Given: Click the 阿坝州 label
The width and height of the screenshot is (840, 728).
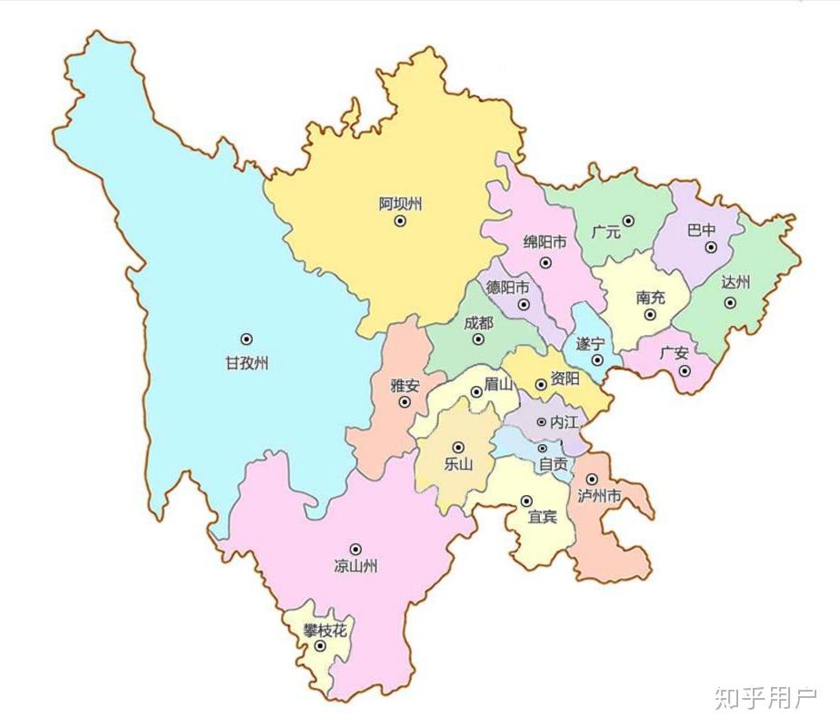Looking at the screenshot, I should click(x=400, y=204).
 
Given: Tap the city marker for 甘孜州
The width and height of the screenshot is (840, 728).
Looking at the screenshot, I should click(x=246, y=339).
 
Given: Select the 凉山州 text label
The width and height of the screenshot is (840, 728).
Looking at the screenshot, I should click(x=355, y=567).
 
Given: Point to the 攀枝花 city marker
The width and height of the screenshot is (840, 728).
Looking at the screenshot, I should click(x=320, y=646).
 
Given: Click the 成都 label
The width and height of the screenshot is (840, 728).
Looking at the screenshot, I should click(x=478, y=323).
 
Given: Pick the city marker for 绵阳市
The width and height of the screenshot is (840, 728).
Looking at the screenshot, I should click(x=545, y=262).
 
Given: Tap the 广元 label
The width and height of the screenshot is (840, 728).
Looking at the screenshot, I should click(x=605, y=233).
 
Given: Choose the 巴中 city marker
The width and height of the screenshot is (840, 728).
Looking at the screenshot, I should click(x=711, y=247).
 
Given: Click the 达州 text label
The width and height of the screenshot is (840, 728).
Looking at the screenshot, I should click(x=735, y=282).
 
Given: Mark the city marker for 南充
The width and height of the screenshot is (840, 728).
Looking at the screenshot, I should click(x=650, y=315).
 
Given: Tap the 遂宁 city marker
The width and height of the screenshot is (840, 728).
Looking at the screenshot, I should click(x=597, y=360).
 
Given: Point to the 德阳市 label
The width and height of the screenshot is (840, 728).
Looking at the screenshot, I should click(x=508, y=287).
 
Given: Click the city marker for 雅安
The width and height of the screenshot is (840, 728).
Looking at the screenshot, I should click(x=405, y=402).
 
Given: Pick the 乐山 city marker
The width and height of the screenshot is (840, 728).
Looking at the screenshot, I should click(x=458, y=447).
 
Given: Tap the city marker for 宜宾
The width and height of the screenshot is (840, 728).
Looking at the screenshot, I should click(x=526, y=500).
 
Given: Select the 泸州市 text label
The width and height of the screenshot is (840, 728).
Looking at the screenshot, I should click(x=599, y=496).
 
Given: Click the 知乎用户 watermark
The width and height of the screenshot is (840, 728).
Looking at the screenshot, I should click(x=766, y=699).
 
